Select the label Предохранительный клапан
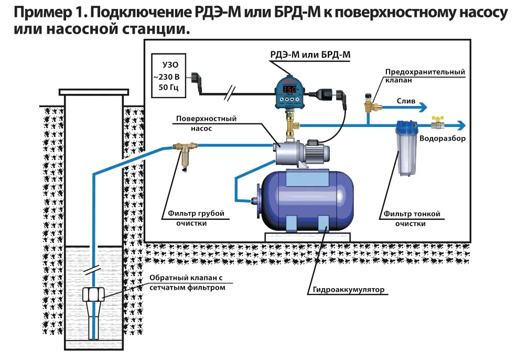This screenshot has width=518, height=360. coord(425,76)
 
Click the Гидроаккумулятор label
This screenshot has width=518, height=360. coord(348,289)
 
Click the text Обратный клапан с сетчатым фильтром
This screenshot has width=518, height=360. coord(187,282)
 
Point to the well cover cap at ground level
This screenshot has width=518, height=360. coord(94,92)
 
